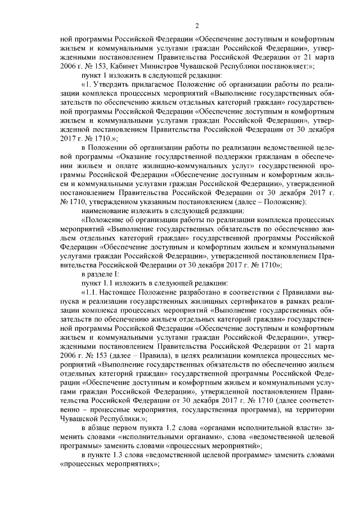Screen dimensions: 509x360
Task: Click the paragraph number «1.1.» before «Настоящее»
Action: tap(93, 291)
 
